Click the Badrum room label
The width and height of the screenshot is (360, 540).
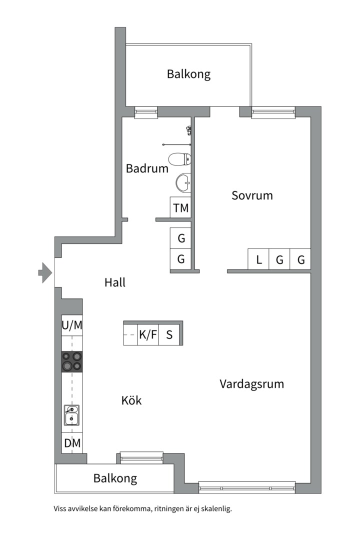[147, 168]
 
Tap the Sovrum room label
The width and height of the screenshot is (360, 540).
[252, 195]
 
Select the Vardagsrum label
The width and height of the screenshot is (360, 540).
[251, 384]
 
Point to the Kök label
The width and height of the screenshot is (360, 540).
[131, 400]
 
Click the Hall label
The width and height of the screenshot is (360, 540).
[115, 282]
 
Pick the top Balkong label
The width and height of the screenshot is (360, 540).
[188, 74]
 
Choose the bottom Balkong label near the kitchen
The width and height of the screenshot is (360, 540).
[115, 478]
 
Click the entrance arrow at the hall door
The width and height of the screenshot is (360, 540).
[45, 272]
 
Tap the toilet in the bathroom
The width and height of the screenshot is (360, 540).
[180, 159]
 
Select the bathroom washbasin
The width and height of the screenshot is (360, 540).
[184, 182]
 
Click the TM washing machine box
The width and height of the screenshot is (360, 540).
[181, 208]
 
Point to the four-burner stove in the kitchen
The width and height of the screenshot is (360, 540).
[71, 361]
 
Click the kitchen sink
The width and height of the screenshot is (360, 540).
[71, 415]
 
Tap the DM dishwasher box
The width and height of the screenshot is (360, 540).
[72, 443]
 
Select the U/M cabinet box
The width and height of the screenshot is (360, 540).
[72, 325]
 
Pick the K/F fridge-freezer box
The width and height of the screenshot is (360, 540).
[147, 335]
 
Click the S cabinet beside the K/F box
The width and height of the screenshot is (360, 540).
[169, 335]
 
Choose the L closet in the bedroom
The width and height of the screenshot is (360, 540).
[258, 260]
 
